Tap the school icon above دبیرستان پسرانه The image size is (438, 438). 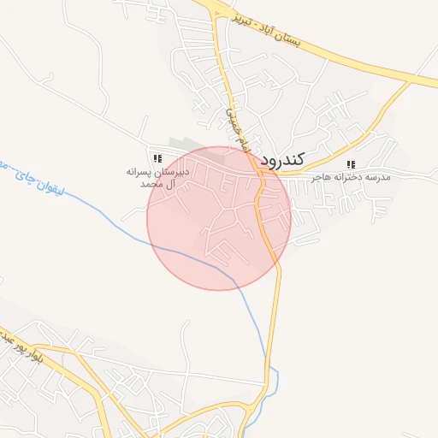pyautogui.click(x=157, y=158)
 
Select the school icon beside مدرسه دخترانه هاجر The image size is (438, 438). pyautogui.click(x=350, y=164)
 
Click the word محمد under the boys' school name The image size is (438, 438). pyautogui.click(x=150, y=184)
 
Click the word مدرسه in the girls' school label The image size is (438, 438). pyautogui.click(x=376, y=177)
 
